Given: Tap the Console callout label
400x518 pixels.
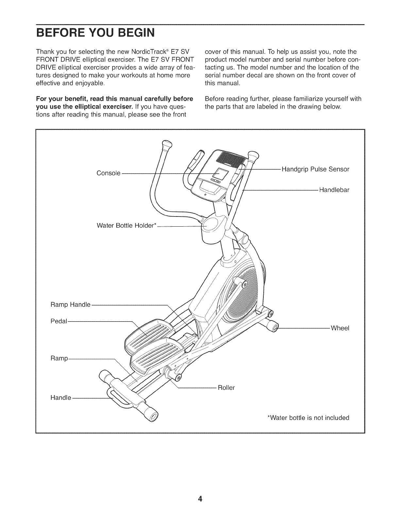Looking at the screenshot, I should coord(108,173).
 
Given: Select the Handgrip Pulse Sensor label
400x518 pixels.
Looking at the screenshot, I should coord(315,169).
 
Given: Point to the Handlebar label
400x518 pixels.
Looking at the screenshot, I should coord(334,190).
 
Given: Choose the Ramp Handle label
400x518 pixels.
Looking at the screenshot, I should coord(70,305).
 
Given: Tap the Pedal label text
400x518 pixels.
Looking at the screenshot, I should coord(58,321).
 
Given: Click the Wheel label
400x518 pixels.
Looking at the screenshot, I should coord(340,328).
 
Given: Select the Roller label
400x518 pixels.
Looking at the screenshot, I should coord(226,388).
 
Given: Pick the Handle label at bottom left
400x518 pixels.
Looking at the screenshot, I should coord(60,398).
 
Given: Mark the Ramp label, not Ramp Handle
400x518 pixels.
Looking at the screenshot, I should coord(59,359).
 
